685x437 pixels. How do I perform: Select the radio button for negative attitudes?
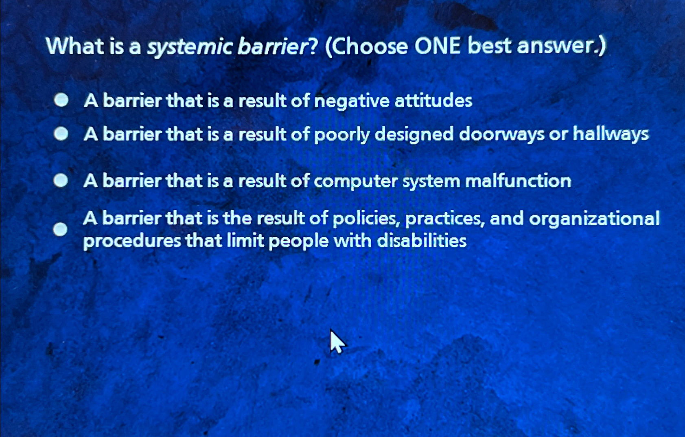pos(61,100)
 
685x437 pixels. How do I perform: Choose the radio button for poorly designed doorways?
pos(61,134)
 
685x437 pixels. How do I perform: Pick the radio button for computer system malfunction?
pos(61,180)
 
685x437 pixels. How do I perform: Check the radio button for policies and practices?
pos(60,229)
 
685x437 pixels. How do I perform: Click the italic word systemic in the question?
pos(189,46)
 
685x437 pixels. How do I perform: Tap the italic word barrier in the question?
pos(273,46)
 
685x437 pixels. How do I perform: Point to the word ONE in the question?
pos(437,46)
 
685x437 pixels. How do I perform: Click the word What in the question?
pos(75,46)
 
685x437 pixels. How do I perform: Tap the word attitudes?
pos(433,100)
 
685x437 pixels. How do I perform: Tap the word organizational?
pos(594,219)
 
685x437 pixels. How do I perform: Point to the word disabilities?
pos(422,241)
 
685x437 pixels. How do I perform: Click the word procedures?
pos(132,241)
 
